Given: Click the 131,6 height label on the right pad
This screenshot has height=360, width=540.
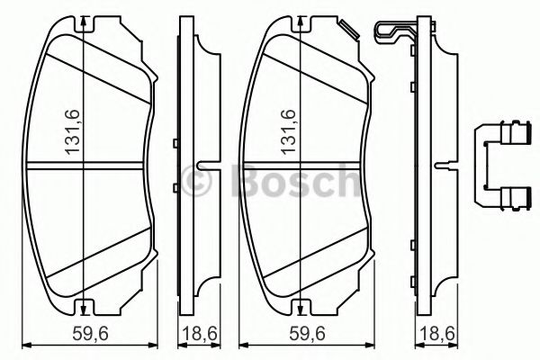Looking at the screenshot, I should coord(290,131).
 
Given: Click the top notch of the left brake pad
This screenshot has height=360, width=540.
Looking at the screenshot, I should coord(82,23).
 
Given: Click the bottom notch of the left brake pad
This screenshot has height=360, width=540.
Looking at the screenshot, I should coord(82,304).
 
